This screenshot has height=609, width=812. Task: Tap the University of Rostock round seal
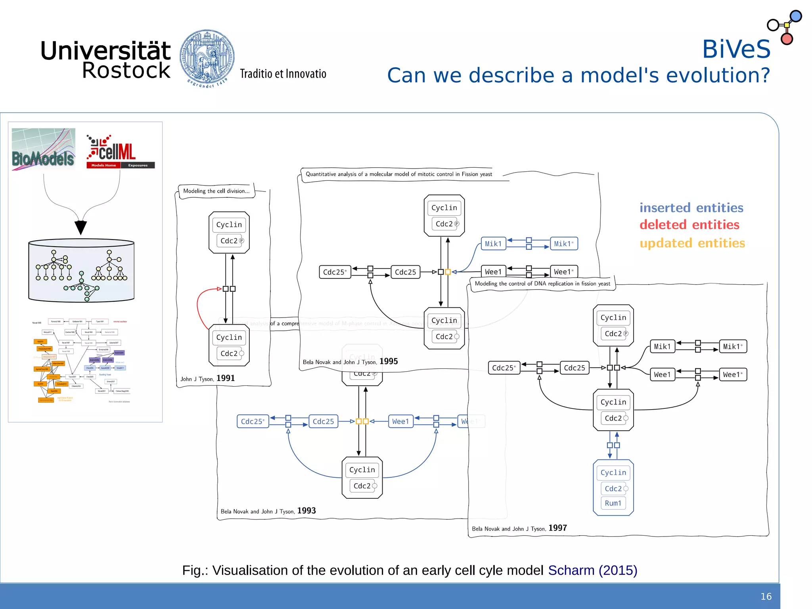coord(207,57)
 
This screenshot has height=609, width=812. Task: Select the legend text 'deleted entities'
coord(689,225)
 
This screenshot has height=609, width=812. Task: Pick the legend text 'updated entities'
coord(692,243)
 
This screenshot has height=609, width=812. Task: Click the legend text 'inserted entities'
coord(691,208)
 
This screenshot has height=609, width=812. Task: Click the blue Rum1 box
coord(613,503)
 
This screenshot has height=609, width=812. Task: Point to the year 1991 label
coord(226,378)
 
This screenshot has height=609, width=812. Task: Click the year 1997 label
coord(557,528)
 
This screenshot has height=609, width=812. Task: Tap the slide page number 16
coord(766,596)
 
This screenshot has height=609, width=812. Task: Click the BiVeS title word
coord(736,49)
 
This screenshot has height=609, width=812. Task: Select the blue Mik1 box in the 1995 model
coord(493,244)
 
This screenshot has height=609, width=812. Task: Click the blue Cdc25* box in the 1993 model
coord(253,421)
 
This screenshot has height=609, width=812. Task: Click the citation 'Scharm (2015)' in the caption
coord(592,570)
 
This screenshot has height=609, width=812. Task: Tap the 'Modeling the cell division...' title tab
coord(216,191)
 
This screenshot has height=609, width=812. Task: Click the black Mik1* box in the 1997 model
coord(732,347)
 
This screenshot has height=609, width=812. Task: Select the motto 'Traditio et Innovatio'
coord(283,74)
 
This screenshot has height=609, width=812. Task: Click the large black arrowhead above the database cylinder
coord(80,227)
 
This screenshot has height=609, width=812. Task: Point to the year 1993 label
coord(306,511)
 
